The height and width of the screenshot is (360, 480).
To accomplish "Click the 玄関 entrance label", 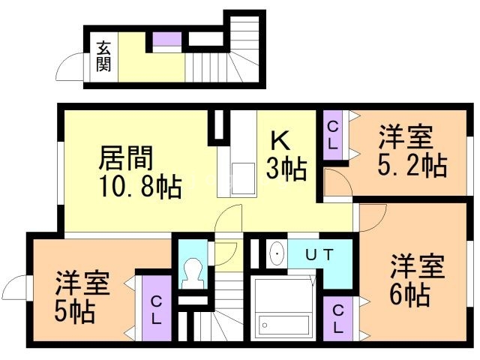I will click(x=103, y=55).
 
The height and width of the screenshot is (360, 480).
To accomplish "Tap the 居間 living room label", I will click(x=126, y=159).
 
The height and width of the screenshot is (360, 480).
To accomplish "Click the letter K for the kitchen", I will click(x=280, y=140).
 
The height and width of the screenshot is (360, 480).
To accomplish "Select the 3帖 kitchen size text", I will click(x=286, y=170).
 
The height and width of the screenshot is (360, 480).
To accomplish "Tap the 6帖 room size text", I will click(x=409, y=295).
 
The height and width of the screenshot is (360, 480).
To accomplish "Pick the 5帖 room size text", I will click(x=74, y=311).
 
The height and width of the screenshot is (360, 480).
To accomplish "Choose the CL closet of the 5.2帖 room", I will click(x=333, y=135).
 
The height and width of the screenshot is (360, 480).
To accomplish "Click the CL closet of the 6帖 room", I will click(x=338, y=317).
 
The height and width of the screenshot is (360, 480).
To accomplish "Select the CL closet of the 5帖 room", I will click(x=156, y=310).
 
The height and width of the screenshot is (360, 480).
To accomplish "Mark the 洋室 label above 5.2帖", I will click(x=406, y=138).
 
